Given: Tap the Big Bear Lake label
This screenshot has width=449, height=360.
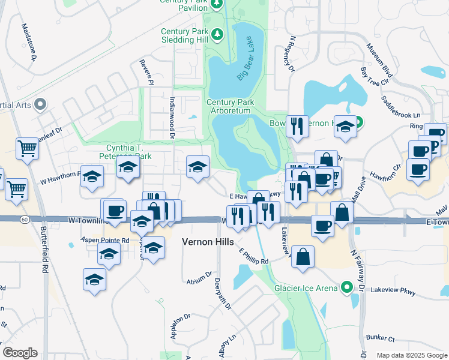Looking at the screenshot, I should (x=249, y=58).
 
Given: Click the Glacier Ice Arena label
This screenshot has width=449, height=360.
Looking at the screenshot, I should (x=306, y=288).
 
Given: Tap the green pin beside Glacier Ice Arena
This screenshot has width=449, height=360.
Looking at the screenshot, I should (x=346, y=288).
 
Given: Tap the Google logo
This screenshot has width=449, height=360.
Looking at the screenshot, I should (x=20, y=353).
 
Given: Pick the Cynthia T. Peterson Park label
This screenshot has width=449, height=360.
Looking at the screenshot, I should (x=130, y=152).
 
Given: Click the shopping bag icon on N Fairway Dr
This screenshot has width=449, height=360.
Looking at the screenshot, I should (x=342, y=213).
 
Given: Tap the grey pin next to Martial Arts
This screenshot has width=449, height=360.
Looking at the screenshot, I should (x=40, y=105).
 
